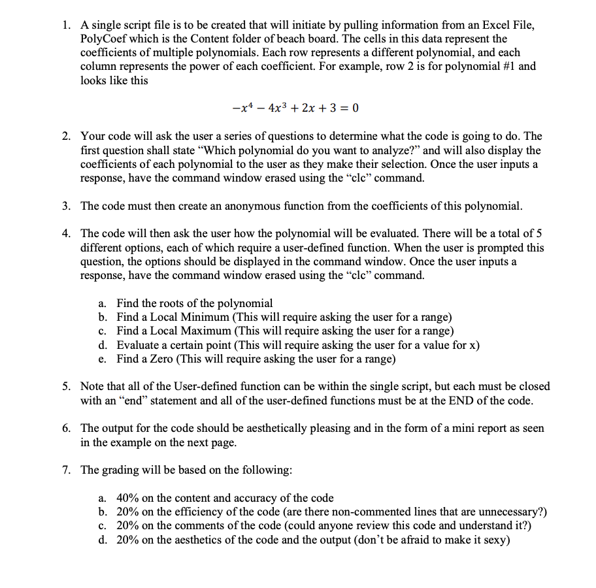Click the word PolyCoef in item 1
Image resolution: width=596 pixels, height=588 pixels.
[102, 39]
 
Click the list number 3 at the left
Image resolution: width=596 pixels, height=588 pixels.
[67, 206]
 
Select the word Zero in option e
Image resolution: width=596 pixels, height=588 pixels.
[161, 358]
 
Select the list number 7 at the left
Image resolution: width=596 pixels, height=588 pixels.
[67, 470]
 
